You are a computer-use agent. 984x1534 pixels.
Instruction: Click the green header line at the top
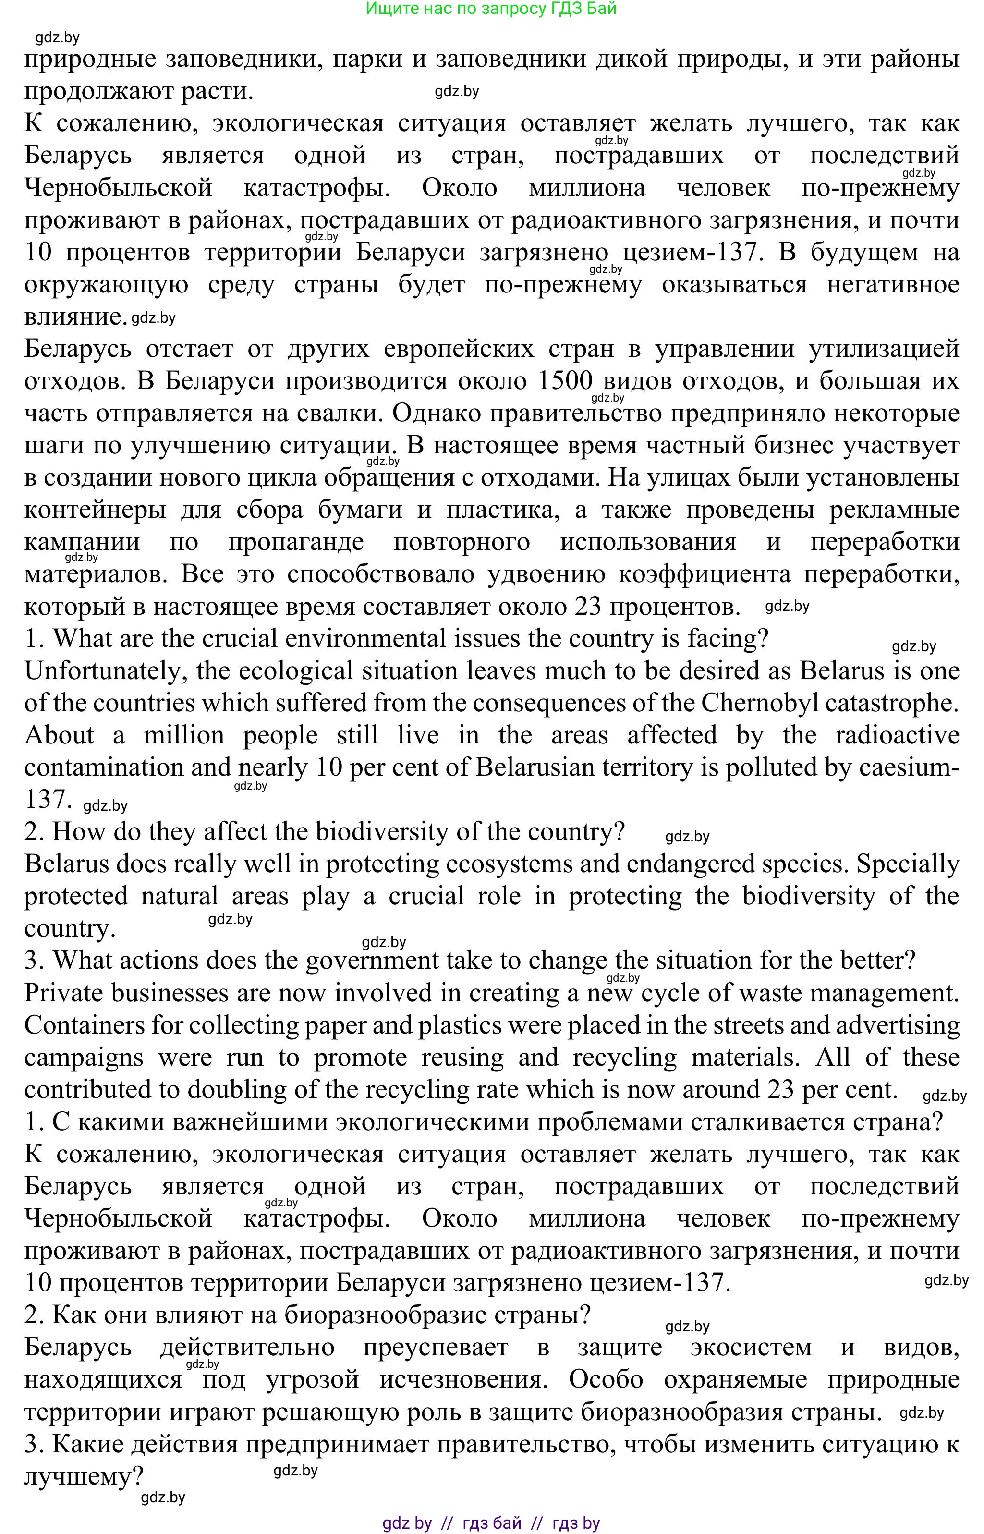491,9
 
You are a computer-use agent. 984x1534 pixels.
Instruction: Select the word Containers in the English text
85,1025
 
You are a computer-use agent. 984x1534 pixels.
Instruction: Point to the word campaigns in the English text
84,1058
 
